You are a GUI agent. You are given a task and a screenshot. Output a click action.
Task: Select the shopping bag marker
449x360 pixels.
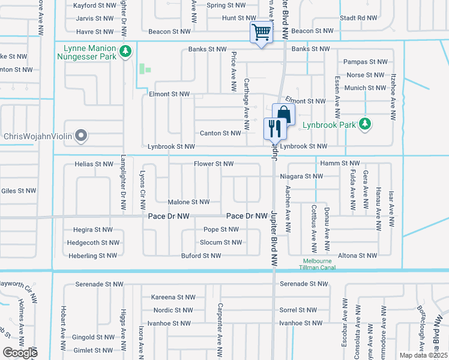pyautogui.click(x=283, y=114)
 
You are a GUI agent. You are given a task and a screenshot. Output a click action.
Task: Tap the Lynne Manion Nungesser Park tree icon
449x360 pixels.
pyautogui.click(x=125, y=52)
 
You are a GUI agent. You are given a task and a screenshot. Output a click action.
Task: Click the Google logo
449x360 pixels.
pyautogui.click(x=20, y=353)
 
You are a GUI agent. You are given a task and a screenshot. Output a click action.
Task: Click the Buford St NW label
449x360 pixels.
pyautogui.click(x=201, y=256)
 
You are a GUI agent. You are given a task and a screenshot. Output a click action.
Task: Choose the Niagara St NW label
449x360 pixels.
pyautogui.click(x=301, y=176)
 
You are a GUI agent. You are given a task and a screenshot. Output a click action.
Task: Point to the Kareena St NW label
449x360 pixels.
pyautogui.click(x=173, y=297)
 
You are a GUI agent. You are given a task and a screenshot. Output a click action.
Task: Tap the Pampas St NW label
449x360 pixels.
pyautogui.click(x=364, y=62)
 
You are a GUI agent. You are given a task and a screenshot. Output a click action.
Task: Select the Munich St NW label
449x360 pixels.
pyautogui.click(x=366, y=88)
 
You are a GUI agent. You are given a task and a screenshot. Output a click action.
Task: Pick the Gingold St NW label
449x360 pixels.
pyautogui.click(x=92, y=338)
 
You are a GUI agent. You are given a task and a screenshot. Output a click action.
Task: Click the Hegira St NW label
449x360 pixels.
pyautogui.click(x=92, y=229)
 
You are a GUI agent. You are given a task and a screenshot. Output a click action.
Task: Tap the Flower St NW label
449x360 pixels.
pyautogui.click(x=213, y=164)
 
